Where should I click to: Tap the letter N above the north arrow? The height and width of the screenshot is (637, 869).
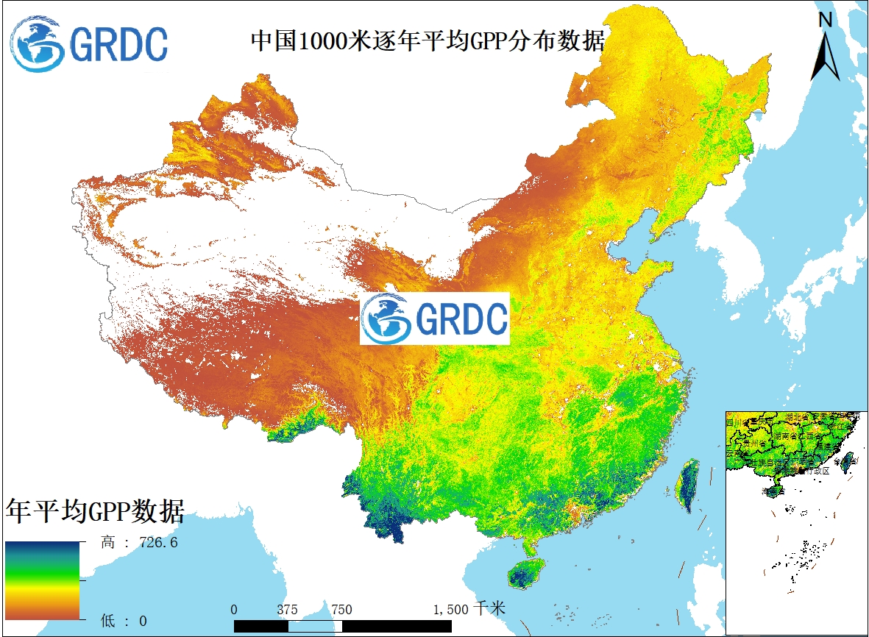click(826, 20)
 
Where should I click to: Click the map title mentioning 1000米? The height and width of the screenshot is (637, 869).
click(428, 40)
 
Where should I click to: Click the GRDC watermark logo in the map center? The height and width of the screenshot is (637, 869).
click(434, 318)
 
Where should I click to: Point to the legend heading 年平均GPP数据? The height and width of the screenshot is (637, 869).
click(95, 510)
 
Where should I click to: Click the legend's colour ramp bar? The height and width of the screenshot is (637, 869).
click(43, 581)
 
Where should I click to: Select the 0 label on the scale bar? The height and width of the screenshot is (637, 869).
click(234, 610)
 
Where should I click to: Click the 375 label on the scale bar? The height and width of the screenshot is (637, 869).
click(288, 610)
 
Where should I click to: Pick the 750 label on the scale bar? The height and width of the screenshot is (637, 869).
click(341, 610)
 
